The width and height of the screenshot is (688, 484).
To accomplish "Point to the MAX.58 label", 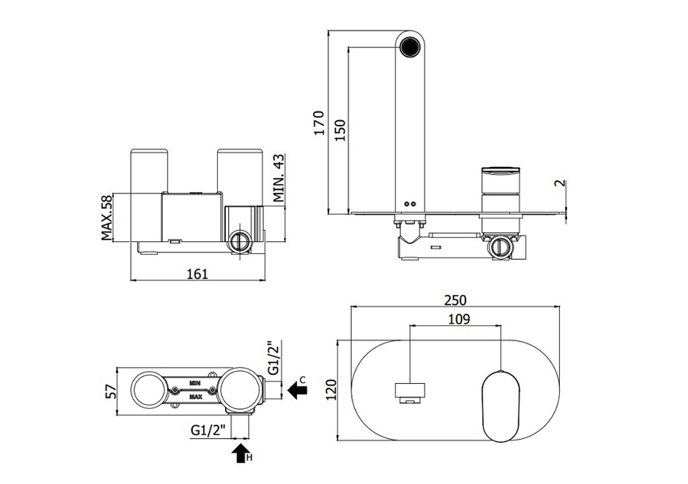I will [x=106, y=217].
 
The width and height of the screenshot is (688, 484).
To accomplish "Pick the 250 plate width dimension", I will [x=456, y=299].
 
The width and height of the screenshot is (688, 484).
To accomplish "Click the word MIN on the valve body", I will [x=195, y=379].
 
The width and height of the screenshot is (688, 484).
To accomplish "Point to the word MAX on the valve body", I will [x=195, y=397].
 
